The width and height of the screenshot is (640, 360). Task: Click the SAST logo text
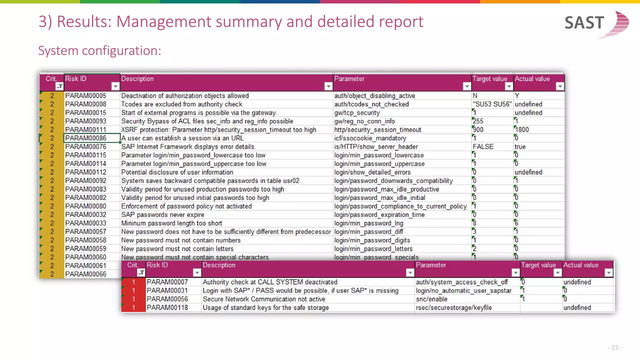pos(584,23)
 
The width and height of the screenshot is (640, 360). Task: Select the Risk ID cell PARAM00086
pos(86,138)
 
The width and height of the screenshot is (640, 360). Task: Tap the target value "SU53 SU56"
pos(492,104)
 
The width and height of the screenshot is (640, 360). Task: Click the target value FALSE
pos(483,147)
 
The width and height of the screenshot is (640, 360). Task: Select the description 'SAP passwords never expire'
pos(162,215)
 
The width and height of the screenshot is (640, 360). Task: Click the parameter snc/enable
pos(431,299)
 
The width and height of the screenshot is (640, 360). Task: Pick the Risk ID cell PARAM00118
pos(167,307)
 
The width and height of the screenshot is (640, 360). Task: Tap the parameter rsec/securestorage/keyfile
pos(454,307)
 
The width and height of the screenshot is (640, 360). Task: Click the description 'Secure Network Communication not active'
pos(264,299)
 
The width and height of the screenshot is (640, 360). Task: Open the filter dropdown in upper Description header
pos(328,86)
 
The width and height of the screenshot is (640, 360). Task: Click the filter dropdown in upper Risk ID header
pos(115,86)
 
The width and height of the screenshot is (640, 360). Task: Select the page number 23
pos(615,347)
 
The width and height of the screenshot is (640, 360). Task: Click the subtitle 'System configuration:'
pos(100,51)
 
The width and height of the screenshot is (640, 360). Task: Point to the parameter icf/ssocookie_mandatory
pos(370,138)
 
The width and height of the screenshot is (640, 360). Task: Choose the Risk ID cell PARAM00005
pos(86,96)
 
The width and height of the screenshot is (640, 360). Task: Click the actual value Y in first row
pos(517,96)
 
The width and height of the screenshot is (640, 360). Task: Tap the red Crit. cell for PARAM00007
pos(133,282)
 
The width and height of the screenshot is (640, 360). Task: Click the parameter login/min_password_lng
pos(368,223)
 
